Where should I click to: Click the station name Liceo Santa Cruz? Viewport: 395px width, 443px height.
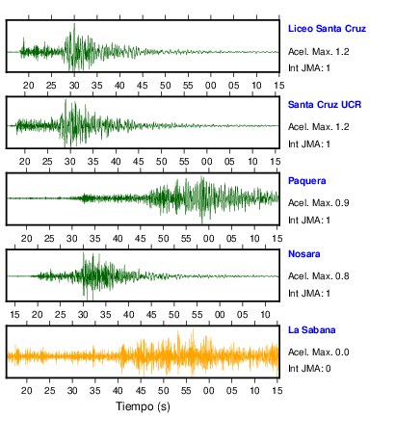(327, 29)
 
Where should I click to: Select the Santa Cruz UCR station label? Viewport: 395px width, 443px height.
(325, 105)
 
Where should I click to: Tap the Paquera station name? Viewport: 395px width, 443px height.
(307, 181)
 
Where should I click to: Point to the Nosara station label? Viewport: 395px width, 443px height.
(304, 254)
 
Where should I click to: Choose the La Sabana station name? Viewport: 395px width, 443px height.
(312, 330)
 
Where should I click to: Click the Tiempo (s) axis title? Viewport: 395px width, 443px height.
(143, 406)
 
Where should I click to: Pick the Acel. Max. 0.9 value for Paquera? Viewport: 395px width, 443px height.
(319, 203)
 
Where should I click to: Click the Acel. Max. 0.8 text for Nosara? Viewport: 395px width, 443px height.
(319, 276)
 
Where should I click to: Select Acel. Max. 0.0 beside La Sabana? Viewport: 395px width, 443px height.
(319, 352)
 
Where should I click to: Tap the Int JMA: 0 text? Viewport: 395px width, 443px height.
(309, 368)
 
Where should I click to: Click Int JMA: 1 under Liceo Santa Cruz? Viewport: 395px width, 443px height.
(309, 68)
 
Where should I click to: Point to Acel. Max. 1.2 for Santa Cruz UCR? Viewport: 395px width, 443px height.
(319, 127)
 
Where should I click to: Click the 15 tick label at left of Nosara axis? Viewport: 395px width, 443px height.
(14, 315)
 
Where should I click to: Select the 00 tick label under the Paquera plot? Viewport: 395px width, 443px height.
(209, 239)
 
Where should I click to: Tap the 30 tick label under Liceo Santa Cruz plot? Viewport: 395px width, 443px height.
(74, 86)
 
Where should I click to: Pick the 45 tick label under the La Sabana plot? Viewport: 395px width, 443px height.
(141, 391)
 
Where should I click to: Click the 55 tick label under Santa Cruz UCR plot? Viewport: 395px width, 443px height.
(184, 162)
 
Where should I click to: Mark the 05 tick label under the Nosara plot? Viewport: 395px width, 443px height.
(243, 315)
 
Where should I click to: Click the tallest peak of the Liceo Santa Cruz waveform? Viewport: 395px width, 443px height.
(74, 24)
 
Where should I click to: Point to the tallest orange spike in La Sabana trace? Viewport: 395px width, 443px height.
(193, 330)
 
